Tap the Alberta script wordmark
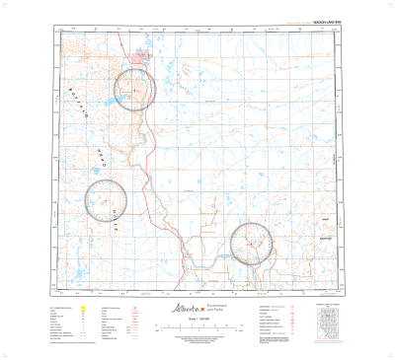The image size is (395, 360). click(184, 309)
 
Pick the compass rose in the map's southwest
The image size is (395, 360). click(106, 198)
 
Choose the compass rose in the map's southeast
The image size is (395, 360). click(251, 243)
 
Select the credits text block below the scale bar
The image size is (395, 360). click(197, 339)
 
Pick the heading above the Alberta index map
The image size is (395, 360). click(331, 302)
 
